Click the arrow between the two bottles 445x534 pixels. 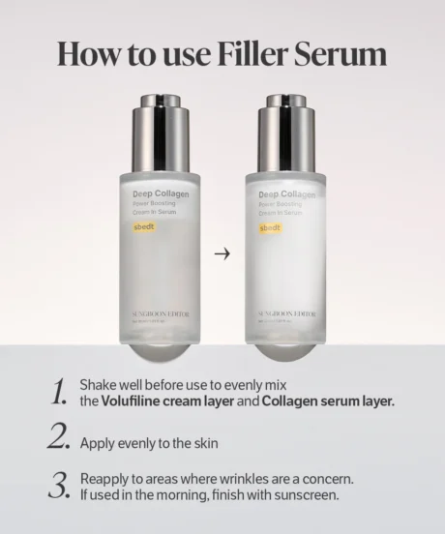[222, 254]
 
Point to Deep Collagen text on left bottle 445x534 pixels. [161, 193]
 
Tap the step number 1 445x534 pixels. [59, 392]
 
